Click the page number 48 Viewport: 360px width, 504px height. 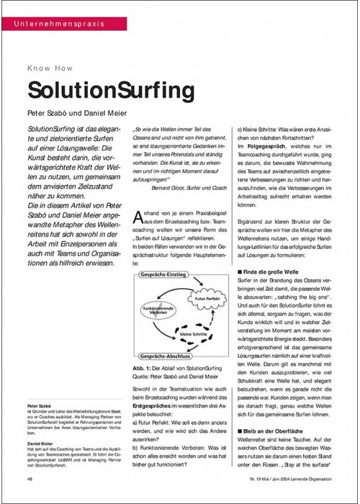30,478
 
